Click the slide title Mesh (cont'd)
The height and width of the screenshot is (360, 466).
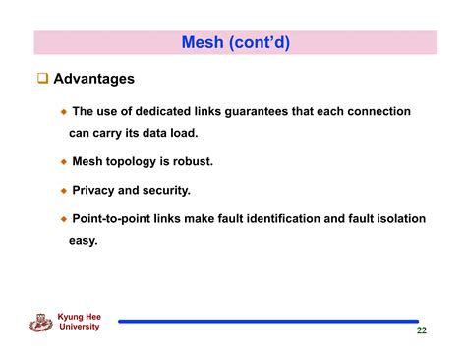[x=236, y=42]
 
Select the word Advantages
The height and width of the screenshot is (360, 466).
[x=93, y=78]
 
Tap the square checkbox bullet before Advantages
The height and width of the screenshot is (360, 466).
[x=42, y=78]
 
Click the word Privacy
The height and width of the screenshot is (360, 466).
[x=96, y=190]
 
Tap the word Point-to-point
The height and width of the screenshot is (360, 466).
[x=115, y=218]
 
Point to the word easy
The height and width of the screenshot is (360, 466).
[x=83, y=239]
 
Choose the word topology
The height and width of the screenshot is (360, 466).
[x=141, y=161]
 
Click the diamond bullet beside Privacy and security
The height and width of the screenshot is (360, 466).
[x=64, y=191]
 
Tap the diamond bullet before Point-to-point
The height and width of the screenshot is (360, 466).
[x=64, y=219]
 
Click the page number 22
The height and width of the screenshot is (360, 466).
[x=421, y=330]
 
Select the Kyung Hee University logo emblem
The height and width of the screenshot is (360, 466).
[x=42, y=321]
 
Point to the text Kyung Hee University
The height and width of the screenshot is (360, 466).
[x=79, y=322]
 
